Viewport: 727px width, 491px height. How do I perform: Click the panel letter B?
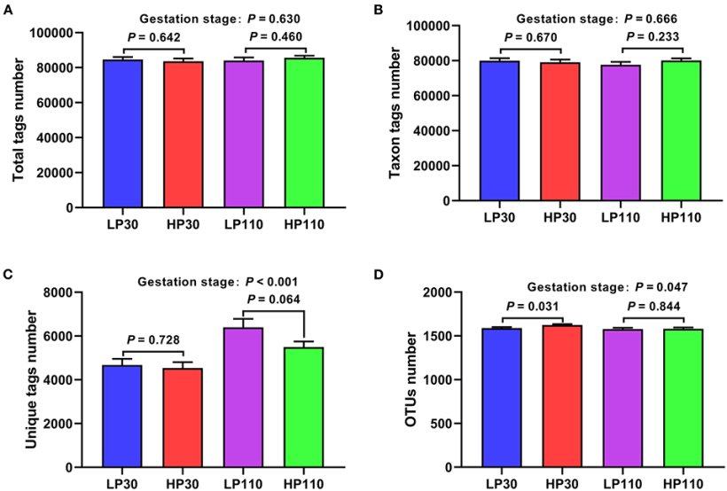coord(379,10)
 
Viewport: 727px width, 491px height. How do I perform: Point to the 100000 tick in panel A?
coord(54,33)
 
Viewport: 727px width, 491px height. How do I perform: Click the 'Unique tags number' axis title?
coord(28,379)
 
